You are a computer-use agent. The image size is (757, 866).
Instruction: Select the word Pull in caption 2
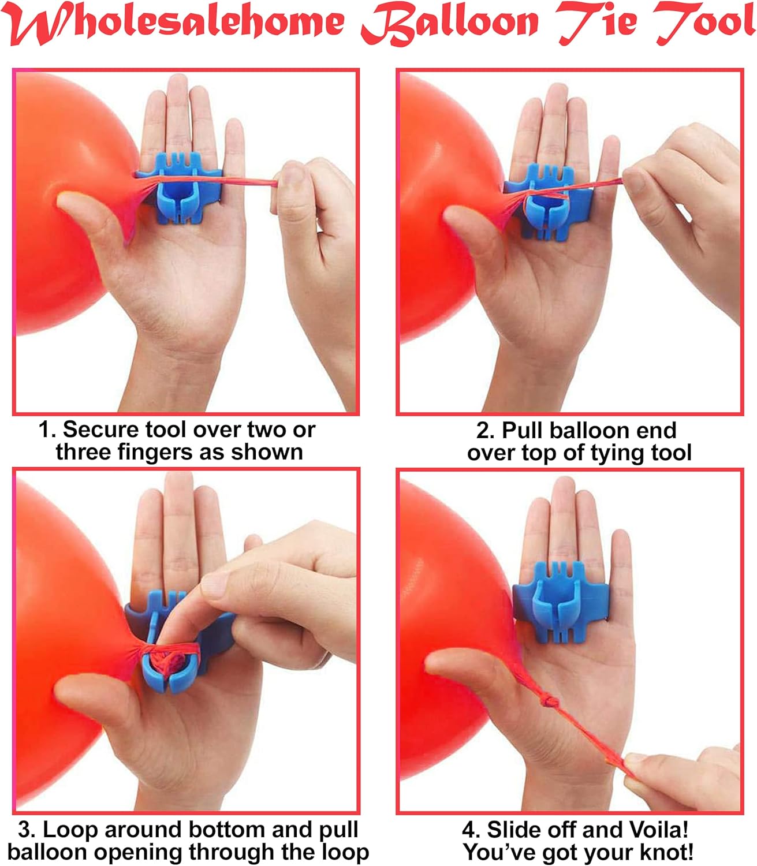(x=523, y=431)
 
